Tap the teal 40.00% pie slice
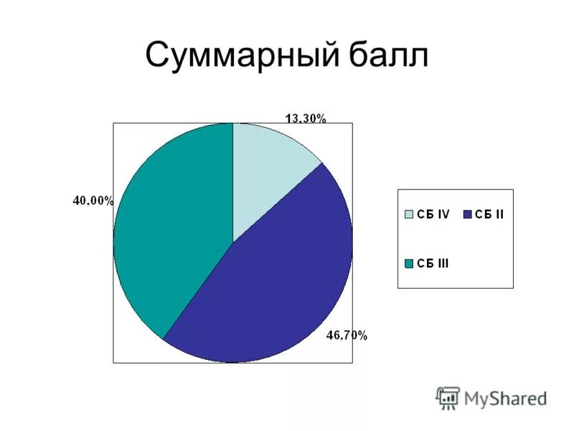click(x=172, y=230)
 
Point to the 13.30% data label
click(x=306, y=119)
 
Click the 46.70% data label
click(x=347, y=335)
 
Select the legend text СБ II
click(x=489, y=214)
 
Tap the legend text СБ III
click(x=434, y=264)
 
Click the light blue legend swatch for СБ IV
click(x=410, y=214)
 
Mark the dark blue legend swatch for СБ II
click(x=468, y=214)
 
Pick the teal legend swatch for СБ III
click(x=410, y=264)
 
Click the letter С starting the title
click(x=159, y=56)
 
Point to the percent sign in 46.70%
click(x=363, y=335)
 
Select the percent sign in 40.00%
click(x=109, y=201)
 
